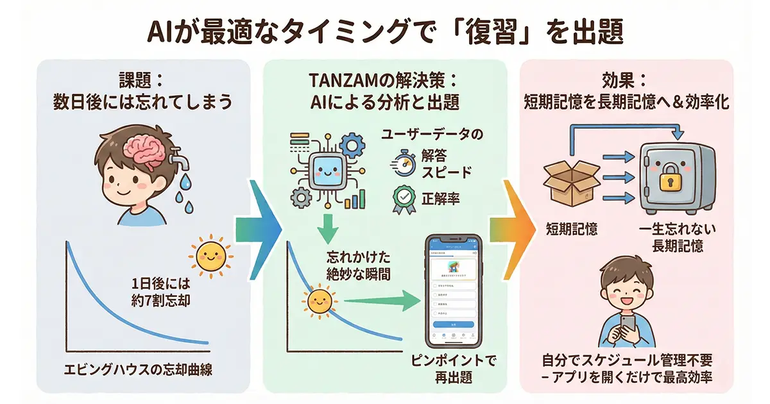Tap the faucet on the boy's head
click(178, 153)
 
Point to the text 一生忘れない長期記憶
click(679, 237)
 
